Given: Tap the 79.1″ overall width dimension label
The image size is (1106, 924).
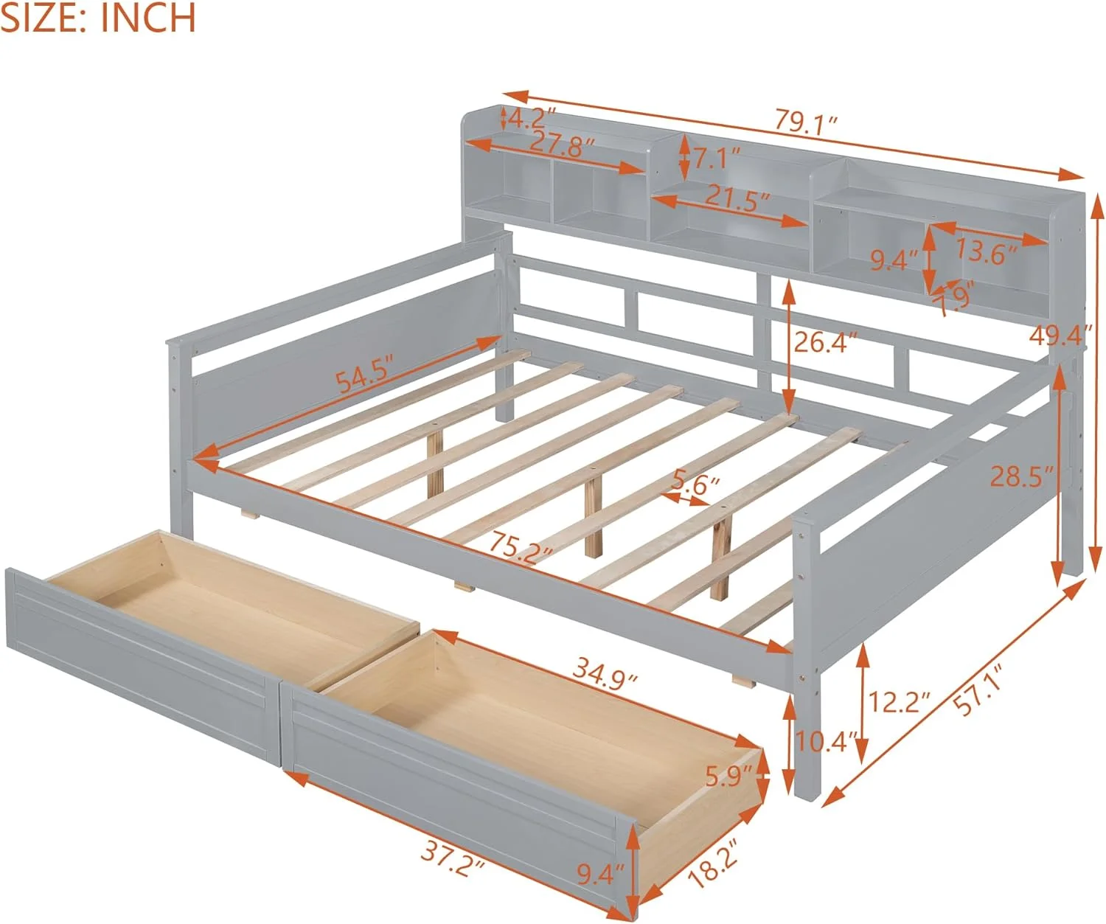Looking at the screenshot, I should pyautogui.click(x=807, y=122).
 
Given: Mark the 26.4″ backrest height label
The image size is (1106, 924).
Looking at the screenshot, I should pyautogui.click(x=826, y=342).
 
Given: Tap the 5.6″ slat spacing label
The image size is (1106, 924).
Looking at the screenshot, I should pyautogui.click(x=695, y=484).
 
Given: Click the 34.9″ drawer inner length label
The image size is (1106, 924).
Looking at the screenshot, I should pyautogui.click(x=605, y=675).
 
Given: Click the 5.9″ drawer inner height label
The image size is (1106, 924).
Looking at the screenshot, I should pyautogui.click(x=728, y=776).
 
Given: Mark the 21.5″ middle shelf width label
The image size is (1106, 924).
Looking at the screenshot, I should pyautogui.click(x=737, y=198).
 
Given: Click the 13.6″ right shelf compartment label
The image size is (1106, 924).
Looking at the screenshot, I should pyautogui.click(x=986, y=251).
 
